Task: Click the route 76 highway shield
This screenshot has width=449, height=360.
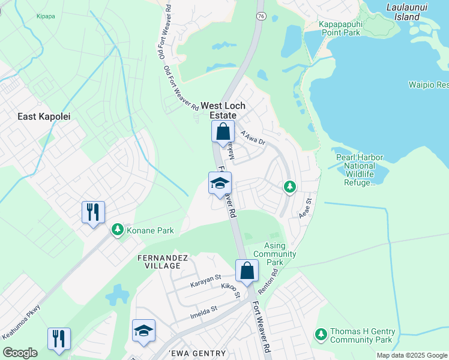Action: pos(261,16)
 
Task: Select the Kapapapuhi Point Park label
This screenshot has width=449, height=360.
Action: pos(340,28)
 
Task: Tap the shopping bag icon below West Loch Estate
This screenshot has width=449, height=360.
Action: pos(223,131)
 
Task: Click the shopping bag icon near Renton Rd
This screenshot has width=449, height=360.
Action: pos(247,271)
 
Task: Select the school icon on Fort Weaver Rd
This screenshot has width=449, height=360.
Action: pos(220,183)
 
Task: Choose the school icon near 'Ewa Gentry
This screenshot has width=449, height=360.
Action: pos(143,331)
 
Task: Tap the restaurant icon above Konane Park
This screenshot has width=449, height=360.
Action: pos(93,212)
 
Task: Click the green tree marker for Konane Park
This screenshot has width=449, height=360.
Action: pos(118,230)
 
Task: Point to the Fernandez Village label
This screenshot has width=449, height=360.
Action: pos(161,262)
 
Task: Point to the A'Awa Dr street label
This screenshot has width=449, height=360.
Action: pos(252,138)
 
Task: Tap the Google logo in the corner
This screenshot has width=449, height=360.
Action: pos(20,353)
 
